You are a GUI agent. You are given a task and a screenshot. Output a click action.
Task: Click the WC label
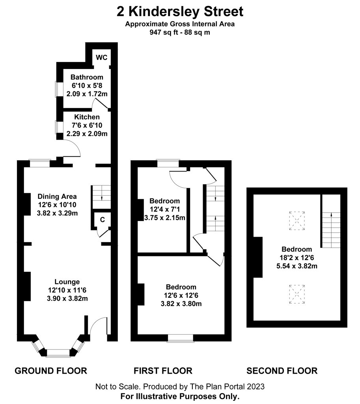click(101, 58)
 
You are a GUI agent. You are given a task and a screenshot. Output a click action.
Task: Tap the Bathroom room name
click(87, 77)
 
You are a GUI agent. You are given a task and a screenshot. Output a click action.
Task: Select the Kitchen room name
click(87, 117)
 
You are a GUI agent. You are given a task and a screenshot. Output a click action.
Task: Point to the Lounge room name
click(67, 282)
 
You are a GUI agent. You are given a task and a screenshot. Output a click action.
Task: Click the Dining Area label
click(57, 196)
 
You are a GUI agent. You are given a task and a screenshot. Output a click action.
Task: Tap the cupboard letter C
click(103, 220)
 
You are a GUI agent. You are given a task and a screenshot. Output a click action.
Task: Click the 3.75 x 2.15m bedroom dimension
click(164, 218)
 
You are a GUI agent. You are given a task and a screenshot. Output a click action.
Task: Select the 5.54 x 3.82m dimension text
click(297, 266)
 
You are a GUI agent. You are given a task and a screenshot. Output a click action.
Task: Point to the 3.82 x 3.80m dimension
click(181, 304)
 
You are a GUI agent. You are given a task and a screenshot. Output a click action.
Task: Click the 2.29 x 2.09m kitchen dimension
click(87, 134)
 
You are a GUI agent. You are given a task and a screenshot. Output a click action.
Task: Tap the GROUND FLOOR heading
click(51, 371)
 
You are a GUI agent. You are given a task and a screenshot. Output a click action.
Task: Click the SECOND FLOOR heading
click(282, 371)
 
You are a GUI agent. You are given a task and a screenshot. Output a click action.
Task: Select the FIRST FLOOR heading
click(163, 371)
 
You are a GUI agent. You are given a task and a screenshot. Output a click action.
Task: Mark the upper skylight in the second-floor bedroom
click(297, 221)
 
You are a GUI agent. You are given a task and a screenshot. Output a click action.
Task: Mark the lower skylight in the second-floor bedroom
click(297, 294)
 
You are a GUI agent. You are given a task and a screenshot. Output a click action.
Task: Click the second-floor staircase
click(331, 230)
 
